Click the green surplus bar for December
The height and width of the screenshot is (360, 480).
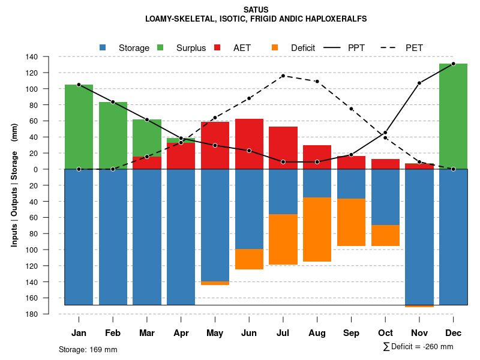(453, 116)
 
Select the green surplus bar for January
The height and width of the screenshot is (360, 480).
(79, 127)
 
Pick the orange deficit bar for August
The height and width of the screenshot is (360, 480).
(317, 229)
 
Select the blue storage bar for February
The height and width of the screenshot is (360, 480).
(113, 237)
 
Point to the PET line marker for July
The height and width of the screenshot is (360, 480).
(283, 76)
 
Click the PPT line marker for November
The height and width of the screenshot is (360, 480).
(419, 83)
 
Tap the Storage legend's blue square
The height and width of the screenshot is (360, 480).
(103, 47)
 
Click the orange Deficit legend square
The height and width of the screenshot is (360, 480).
(275, 47)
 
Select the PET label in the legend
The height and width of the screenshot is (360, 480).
(414, 47)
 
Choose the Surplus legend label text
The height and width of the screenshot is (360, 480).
(191, 47)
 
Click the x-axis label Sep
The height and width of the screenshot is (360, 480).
(352, 333)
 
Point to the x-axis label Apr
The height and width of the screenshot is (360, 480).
(181, 333)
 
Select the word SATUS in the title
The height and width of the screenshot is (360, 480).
(256, 10)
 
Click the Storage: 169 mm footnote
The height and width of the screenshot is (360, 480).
(88, 349)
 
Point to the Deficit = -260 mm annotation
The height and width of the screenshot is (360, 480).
(418, 347)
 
